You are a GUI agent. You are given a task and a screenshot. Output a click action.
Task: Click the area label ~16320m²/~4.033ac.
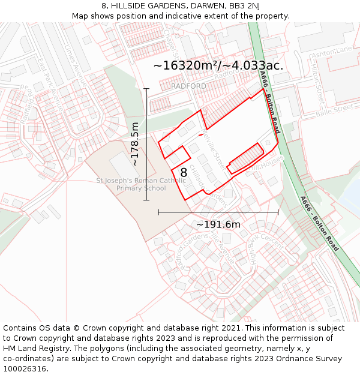point(218,65)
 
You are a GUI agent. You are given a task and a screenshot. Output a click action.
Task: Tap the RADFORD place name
point(188,86)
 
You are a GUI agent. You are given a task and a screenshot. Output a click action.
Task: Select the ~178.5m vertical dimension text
point(135,144)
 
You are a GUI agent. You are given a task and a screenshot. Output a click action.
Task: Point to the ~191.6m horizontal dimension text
point(218,224)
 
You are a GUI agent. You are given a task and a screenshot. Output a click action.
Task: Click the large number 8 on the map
point(184,173)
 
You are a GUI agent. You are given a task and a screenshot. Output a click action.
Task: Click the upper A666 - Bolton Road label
point(269,102)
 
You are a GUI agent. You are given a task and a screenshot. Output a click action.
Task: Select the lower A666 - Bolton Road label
point(319,223)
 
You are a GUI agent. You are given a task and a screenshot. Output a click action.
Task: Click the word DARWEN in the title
point(191,5)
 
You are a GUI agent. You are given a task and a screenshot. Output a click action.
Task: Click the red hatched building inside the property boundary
point(245,158)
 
